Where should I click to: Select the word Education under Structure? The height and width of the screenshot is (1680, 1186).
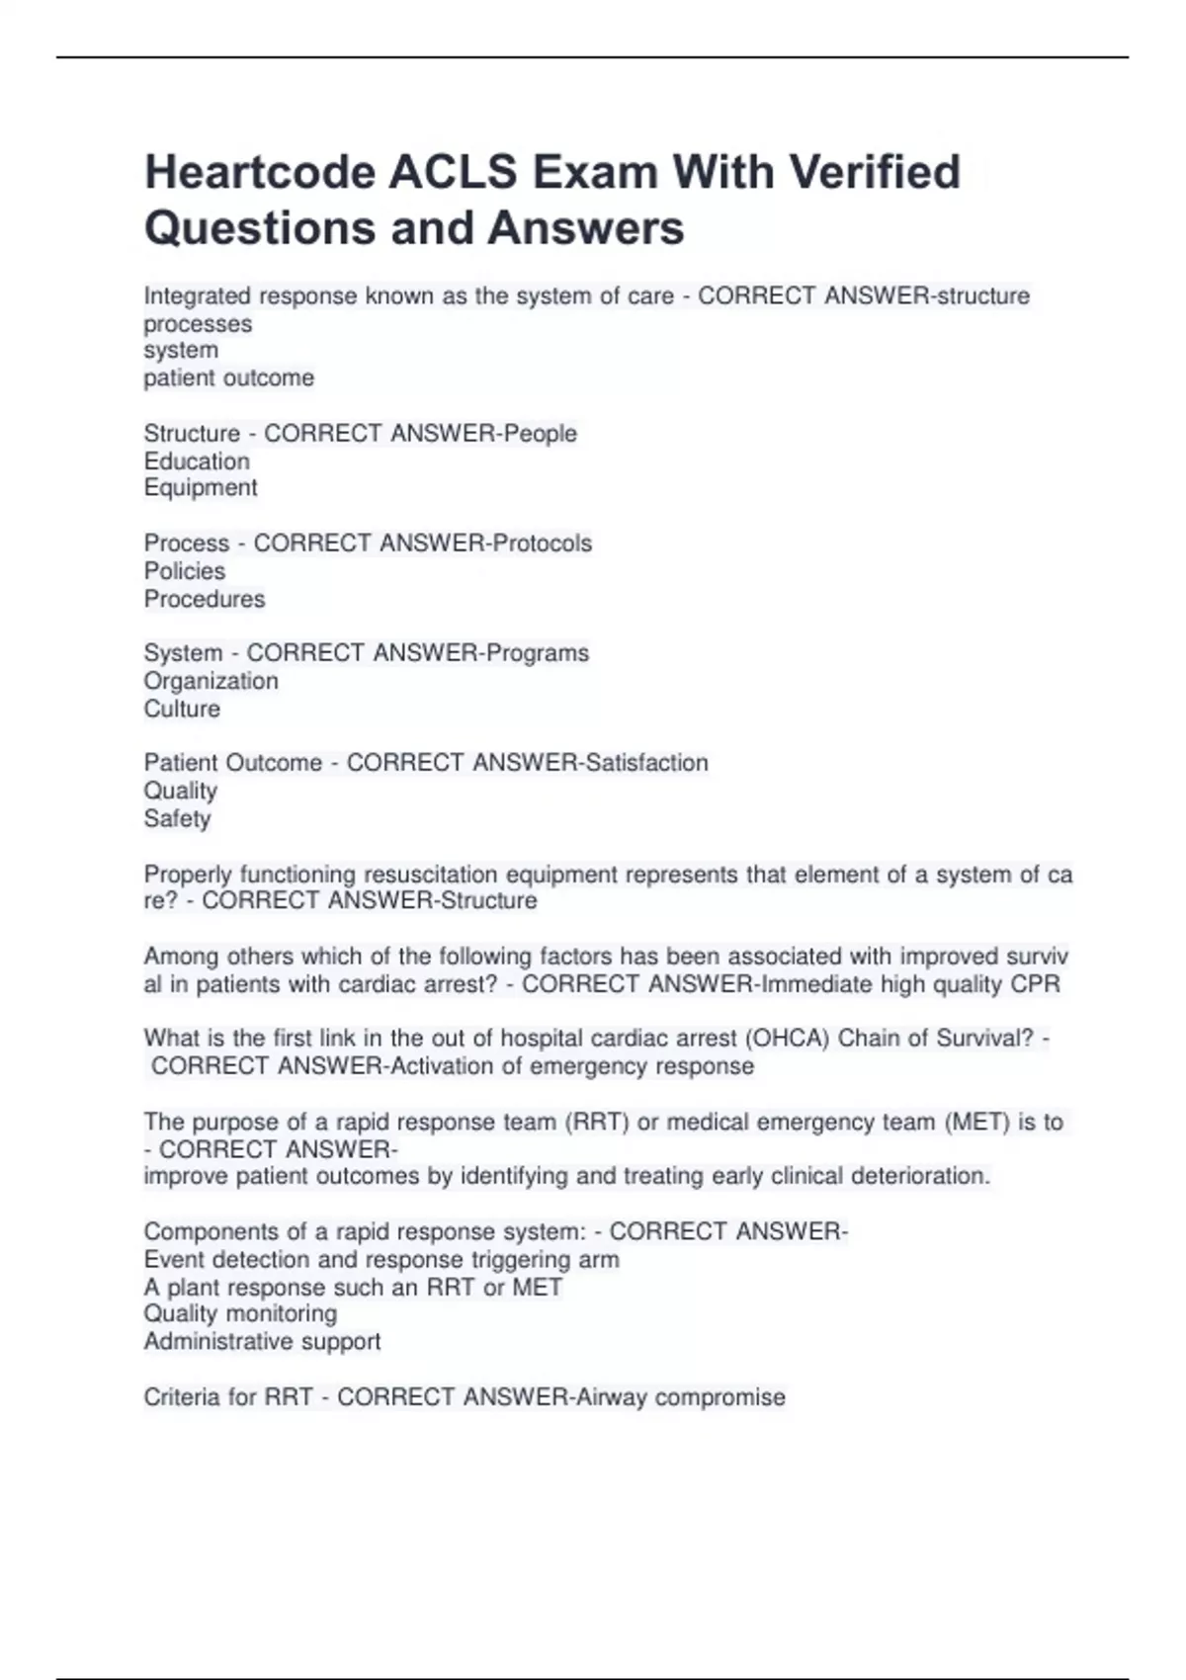pyautogui.click(x=197, y=462)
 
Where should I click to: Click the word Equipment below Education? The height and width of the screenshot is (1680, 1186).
pyautogui.click(x=201, y=488)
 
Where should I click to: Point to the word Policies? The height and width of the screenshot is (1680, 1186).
pyautogui.click(x=185, y=571)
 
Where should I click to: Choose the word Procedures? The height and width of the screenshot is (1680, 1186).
pyautogui.click(x=205, y=599)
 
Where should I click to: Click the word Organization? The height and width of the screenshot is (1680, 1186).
pyautogui.click(x=211, y=681)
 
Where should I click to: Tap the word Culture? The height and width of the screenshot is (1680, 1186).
pyautogui.click(x=182, y=709)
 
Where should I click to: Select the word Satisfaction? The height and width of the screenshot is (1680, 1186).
pyautogui.click(x=646, y=763)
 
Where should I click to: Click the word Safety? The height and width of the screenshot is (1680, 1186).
pyautogui.click(x=177, y=818)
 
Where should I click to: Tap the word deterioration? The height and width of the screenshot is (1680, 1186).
pyautogui.click(x=914, y=1176)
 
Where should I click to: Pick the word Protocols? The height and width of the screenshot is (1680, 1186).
pyautogui.click(x=543, y=544)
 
